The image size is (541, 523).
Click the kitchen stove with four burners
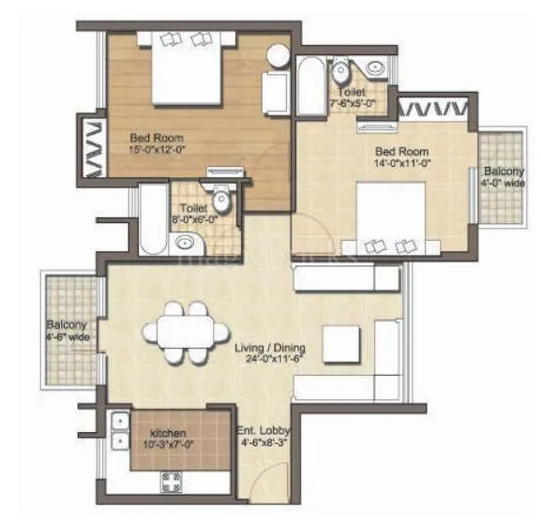173,482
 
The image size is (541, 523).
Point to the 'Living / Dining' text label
270,348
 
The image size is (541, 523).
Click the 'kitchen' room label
167,434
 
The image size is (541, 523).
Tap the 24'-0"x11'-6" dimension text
270,359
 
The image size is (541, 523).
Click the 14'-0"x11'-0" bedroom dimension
402,161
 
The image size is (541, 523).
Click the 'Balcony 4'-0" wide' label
503,177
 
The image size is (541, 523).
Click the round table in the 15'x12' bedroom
278,55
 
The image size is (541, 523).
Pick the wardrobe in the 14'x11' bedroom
432,107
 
